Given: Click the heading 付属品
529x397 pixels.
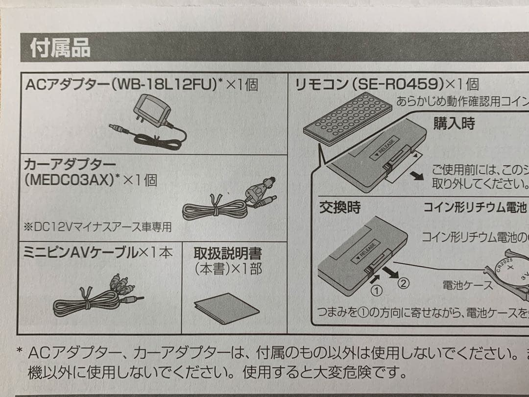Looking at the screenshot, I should [x=60, y=49].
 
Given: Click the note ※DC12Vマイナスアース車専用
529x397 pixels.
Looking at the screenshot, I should [x=98, y=227].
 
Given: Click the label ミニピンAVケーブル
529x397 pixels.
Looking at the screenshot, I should [x=80, y=253].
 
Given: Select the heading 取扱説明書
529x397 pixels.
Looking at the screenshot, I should [x=227, y=253].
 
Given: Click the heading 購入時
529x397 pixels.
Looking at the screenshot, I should [x=454, y=124].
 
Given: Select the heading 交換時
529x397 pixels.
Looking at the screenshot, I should [x=340, y=207].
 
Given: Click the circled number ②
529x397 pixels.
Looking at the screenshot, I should [x=402, y=283].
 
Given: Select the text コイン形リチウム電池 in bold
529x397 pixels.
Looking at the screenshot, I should [x=474, y=207].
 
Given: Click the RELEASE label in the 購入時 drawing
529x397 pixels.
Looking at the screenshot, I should [x=385, y=148].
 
